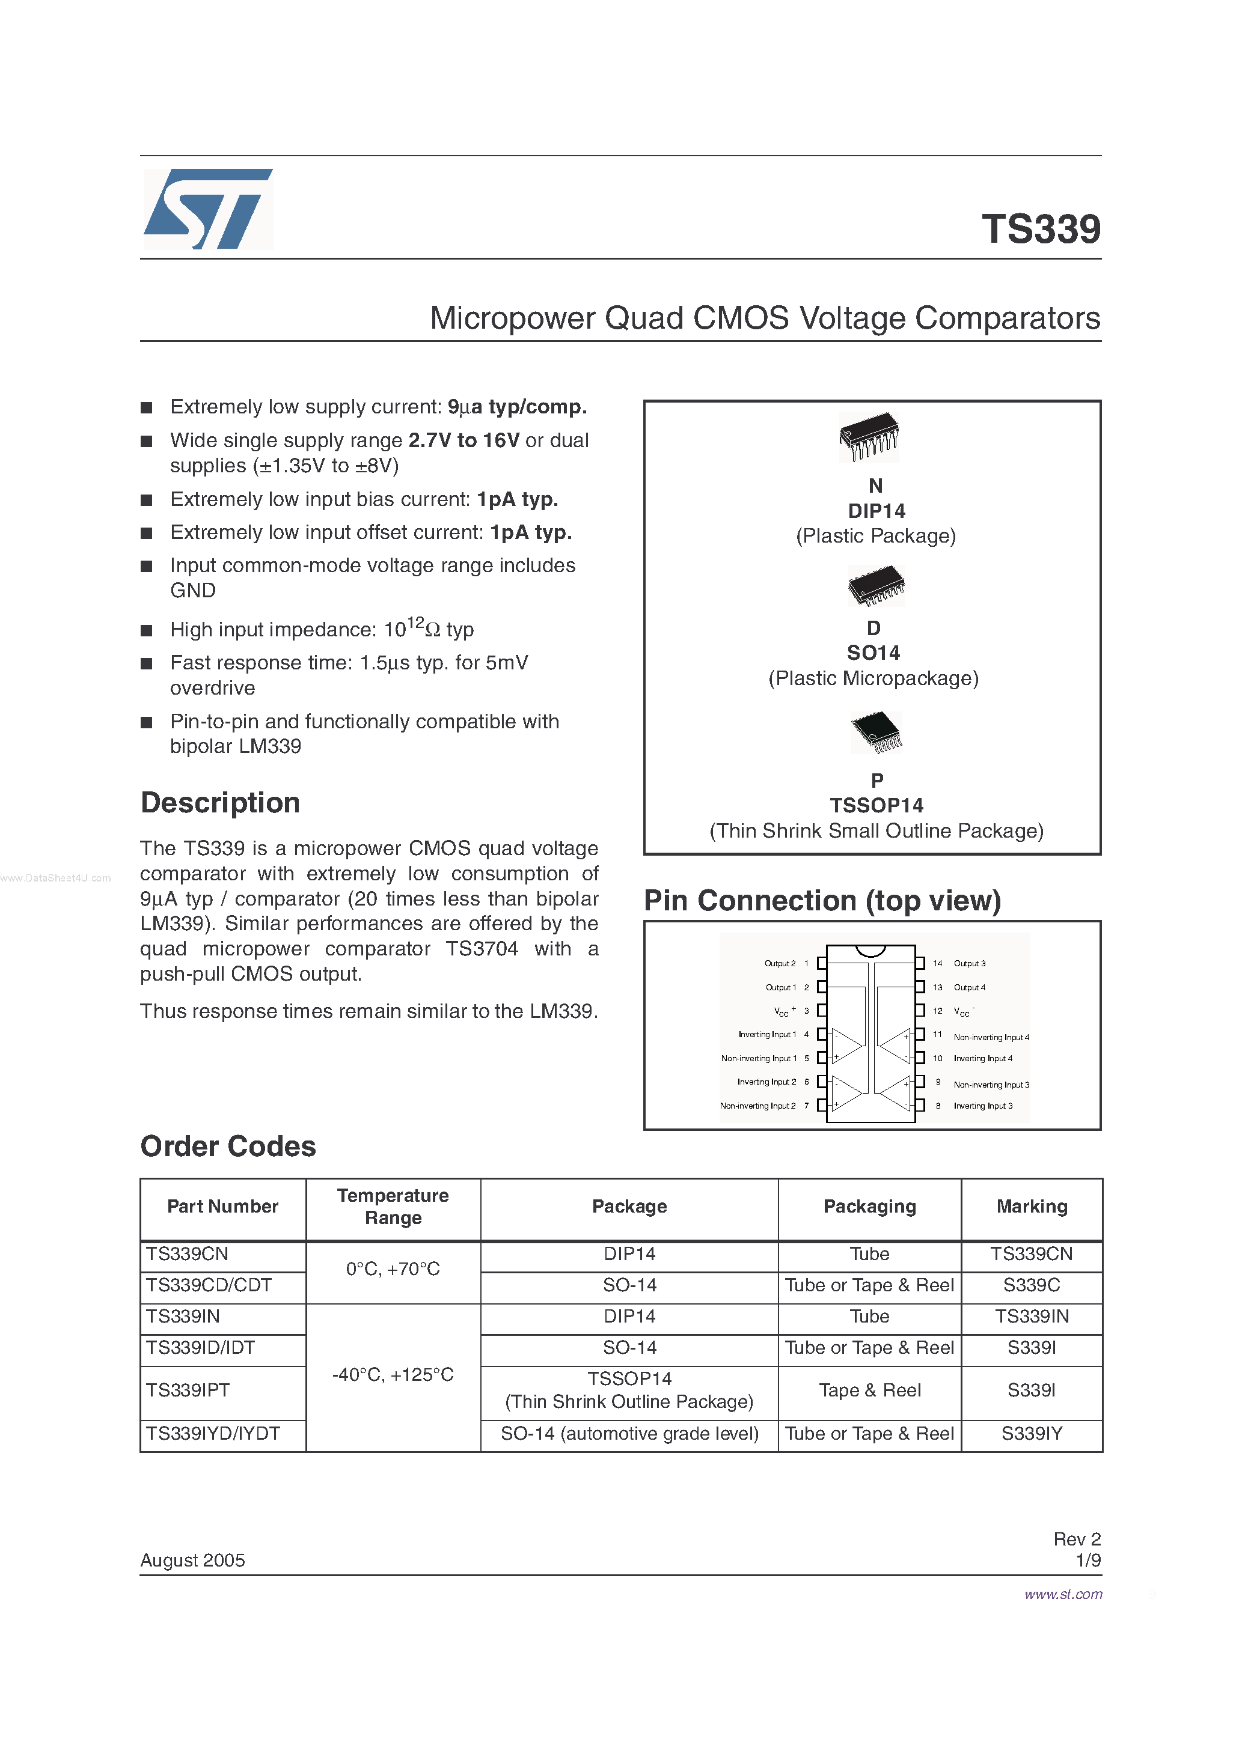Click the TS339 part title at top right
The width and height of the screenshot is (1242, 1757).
point(1041,229)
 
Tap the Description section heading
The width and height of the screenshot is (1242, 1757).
point(220,803)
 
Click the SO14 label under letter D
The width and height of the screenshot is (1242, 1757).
point(873,653)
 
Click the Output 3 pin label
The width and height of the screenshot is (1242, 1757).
point(970,963)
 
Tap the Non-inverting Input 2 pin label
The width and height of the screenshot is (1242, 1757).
point(757,1106)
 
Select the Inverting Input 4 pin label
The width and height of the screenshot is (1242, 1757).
point(982,1058)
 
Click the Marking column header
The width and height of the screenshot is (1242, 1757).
point(1032,1207)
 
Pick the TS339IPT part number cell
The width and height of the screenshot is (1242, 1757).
point(188,1390)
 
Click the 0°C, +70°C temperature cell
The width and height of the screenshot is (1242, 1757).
point(393,1270)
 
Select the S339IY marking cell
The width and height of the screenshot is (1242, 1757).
point(1032,1434)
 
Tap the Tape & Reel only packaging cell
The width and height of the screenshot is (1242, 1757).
point(869,1390)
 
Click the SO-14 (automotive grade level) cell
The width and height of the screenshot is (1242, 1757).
point(629,1434)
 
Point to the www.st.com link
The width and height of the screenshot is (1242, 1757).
point(1063,1594)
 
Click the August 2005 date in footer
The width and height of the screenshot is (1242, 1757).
point(192,1561)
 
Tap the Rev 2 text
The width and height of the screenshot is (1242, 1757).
point(1077,1539)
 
